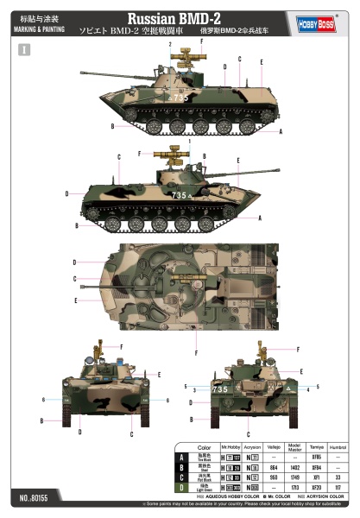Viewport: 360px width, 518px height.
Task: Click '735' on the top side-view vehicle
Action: [x=180, y=98]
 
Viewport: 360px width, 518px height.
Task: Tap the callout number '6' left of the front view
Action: [x=44, y=400]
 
